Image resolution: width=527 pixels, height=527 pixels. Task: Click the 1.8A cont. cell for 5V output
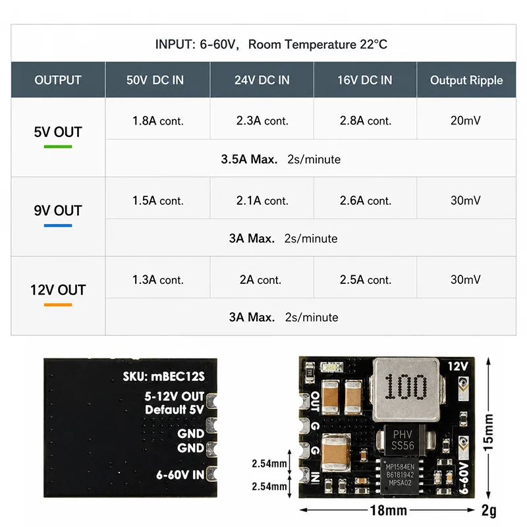pyautogui.click(x=157, y=121)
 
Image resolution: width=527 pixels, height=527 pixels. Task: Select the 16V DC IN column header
pyautogui.click(x=365, y=80)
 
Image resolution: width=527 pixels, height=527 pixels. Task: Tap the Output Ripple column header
pyautogui.click(x=466, y=80)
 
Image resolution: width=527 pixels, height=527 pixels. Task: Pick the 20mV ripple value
pyautogui.click(x=466, y=121)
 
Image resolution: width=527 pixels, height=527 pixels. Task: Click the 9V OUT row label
pyautogui.click(x=58, y=211)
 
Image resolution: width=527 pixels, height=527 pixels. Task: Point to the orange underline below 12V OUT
pyautogui.click(x=58, y=305)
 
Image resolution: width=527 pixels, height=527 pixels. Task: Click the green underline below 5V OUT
pyautogui.click(x=58, y=146)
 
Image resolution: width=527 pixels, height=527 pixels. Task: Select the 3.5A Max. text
pyautogui.click(x=249, y=159)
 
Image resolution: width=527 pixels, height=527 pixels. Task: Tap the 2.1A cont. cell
pyautogui.click(x=262, y=201)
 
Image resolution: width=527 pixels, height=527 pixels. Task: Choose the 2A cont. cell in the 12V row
pyautogui.click(x=260, y=279)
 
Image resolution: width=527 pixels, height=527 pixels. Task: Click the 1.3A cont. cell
pyautogui.click(x=157, y=279)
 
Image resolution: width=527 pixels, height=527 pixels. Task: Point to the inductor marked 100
pyautogui.click(x=406, y=390)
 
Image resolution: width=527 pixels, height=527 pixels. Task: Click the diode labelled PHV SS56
pyautogui.click(x=403, y=440)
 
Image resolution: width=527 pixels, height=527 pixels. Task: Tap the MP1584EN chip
pyautogui.click(x=400, y=475)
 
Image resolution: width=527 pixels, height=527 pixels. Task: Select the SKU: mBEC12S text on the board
pyautogui.click(x=163, y=376)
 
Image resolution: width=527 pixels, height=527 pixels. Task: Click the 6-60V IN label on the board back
pyautogui.click(x=180, y=475)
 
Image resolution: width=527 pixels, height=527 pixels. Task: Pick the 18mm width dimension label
pyautogui.click(x=388, y=510)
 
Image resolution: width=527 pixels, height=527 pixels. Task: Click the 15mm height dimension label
pyautogui.click(x=488, y=432)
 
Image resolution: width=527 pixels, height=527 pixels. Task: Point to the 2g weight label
pyautogui.click(x=489, y=511)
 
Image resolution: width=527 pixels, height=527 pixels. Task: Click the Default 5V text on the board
pyautogui.click(x=175, y=410)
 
